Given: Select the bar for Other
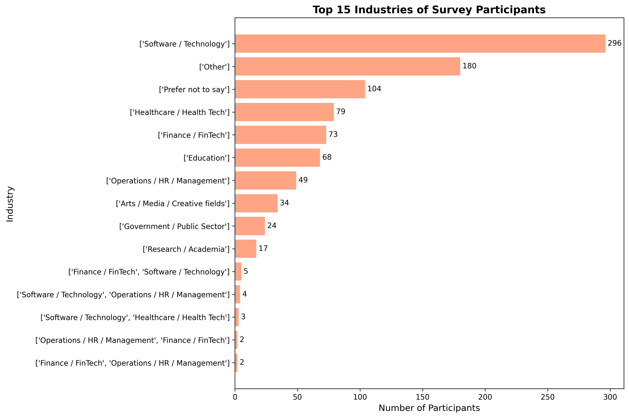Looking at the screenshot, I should pos(347,66).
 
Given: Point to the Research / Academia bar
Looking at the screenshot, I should pos(245,249).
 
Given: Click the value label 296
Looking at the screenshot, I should pos(614,43).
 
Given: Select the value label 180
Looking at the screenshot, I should pos(469,66).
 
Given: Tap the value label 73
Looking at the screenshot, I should pos(333,134).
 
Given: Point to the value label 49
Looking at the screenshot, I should pos(303,180).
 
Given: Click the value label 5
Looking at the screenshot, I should pos(246,271).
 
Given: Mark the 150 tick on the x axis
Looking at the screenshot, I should pos(422,397).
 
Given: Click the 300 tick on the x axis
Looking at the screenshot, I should pos(610,397).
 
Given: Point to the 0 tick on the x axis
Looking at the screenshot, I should pos(235,397).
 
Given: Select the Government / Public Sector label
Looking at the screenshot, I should pos(174,226).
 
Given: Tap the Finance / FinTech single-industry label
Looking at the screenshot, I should pos(194,135).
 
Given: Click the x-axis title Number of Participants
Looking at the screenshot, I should pos(429,408).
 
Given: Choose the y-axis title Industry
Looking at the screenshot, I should pos(10,204).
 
